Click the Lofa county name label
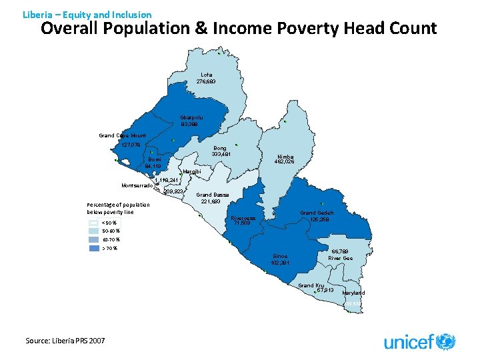[x=206, y=74]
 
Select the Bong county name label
[x=220, y=148]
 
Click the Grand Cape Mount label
[x=122, y=135]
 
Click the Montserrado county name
[x=137, y=185]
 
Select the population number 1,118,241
[x=167, y=181]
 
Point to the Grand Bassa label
[x=213, y=195]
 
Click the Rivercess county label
[x=243, y=217]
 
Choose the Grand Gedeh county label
[x=317, y=213]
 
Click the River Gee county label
[x=341, y=258]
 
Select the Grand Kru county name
[x=311, y=285]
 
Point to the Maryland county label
[x=353, y=293]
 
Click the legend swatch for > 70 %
[x=93, y=249]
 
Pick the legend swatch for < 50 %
[x=93, y=223]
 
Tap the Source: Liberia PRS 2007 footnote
[x=65, y=341]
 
